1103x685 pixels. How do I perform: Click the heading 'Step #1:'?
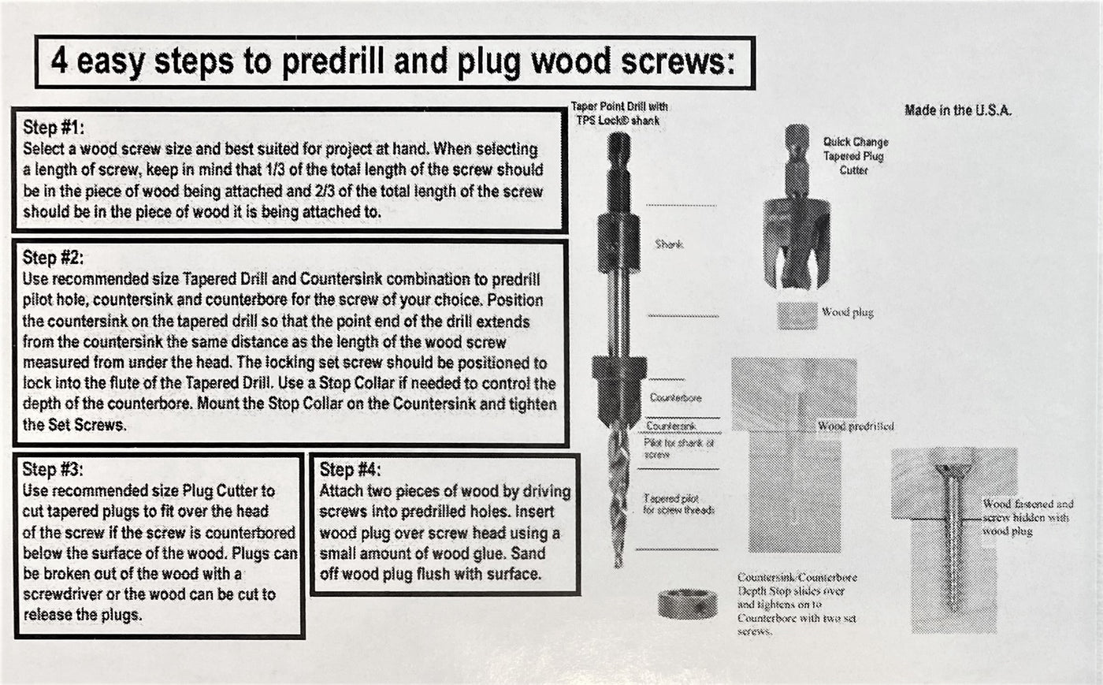tap(53, 128)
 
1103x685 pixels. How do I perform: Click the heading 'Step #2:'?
tap(53, 258)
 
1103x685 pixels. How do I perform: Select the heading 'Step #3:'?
tap(53, 470)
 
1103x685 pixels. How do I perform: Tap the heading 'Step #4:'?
tap(350, 470)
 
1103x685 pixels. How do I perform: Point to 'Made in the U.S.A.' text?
tap(957, 110)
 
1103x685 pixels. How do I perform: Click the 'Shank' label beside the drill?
tap(669, 244)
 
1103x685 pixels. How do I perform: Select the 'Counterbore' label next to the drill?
tap(675, 398)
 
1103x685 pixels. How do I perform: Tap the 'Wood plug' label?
tap(847, 312)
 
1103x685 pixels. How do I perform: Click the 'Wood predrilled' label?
tap(856, 426)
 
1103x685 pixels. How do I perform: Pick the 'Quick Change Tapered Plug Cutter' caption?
tap(855, 155)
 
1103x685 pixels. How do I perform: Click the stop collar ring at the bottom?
tap(687, 604)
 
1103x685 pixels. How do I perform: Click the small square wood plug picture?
tap(797, 315)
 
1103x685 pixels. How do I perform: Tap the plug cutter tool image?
tap(797, 236)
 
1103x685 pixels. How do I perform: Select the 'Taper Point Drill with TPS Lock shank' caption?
tap(619, 113)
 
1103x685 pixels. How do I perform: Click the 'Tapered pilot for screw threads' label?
tap(678, 504)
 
